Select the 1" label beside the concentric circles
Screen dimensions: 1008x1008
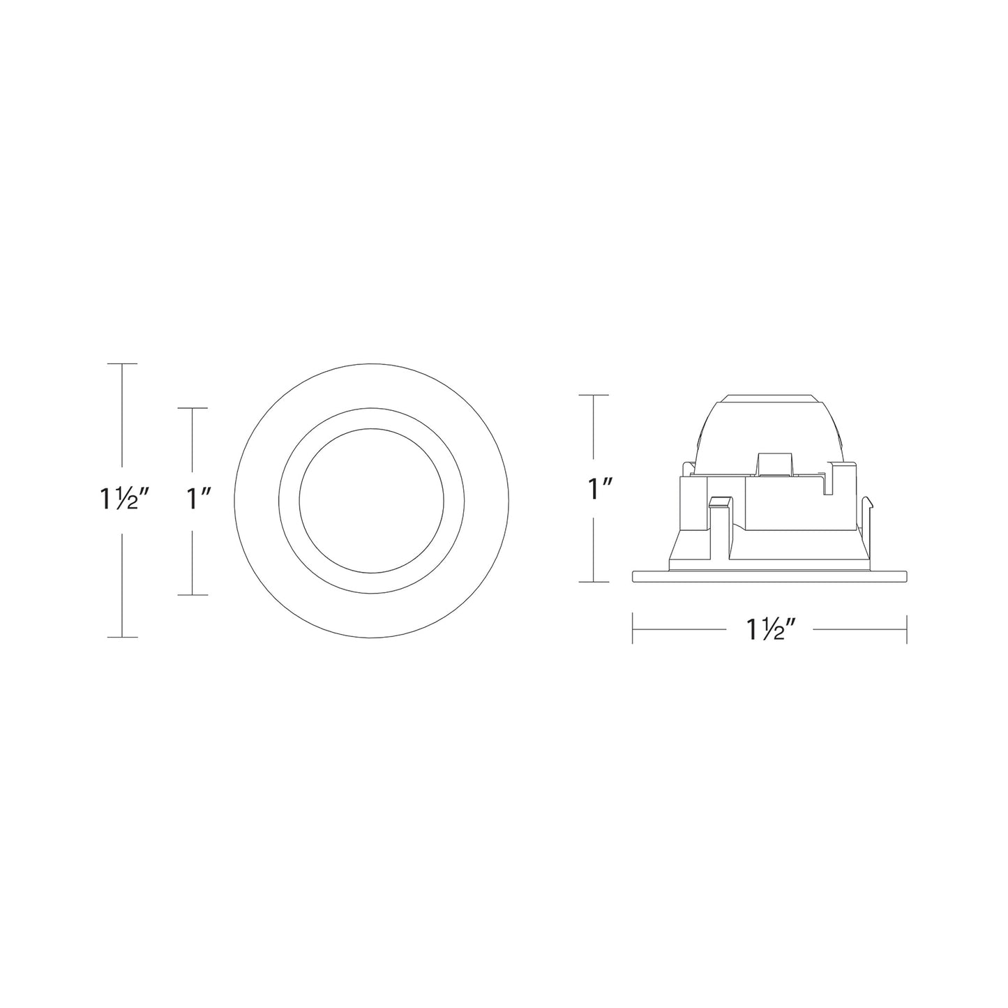[200, 499]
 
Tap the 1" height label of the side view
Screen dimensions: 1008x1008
[599, 489]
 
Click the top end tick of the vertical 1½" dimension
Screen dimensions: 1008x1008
[122, 363]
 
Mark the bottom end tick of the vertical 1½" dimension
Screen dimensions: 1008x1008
[122, 637]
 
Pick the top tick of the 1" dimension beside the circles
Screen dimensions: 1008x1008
[193, 408]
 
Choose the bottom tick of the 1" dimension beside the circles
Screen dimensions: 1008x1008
[193, 595]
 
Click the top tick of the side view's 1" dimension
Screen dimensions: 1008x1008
[593, 395]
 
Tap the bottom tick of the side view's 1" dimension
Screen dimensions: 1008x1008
[593, 582]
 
